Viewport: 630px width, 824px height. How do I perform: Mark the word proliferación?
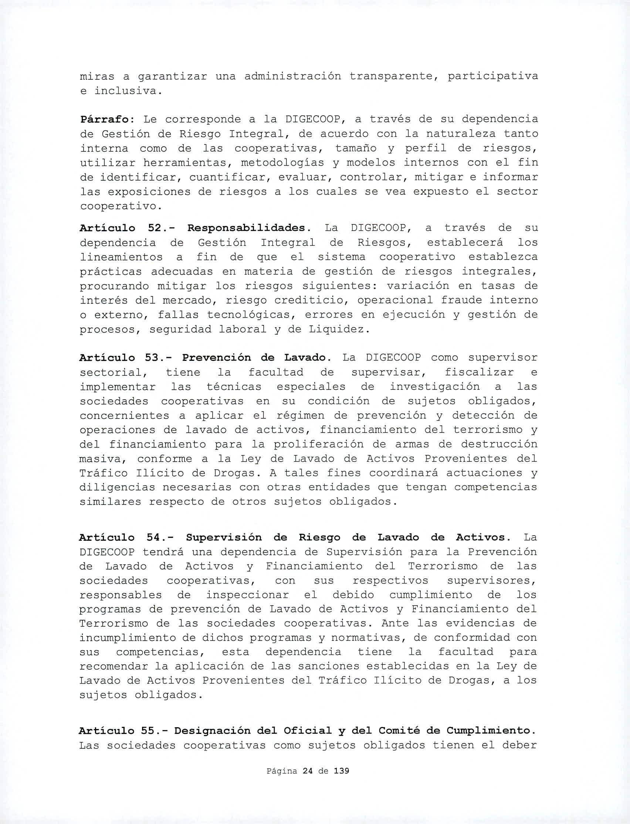point(324,445)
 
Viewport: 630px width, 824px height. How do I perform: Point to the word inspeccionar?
point(247,595)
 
